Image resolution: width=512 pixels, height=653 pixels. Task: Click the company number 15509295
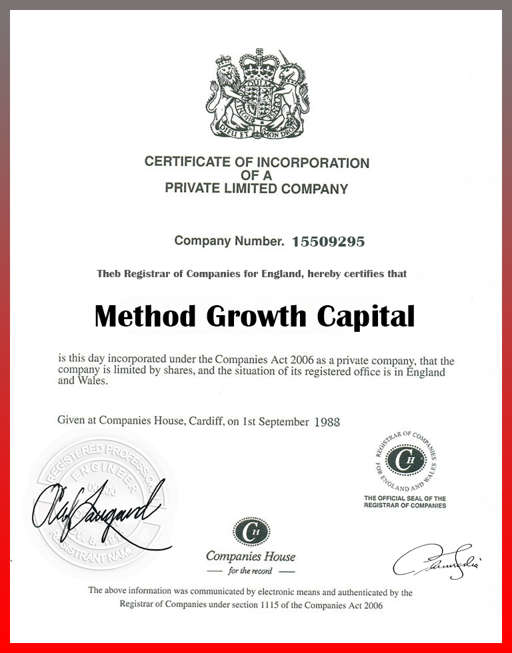329,242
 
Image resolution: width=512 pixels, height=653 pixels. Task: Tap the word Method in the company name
145,315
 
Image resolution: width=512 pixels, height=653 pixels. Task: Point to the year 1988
326,422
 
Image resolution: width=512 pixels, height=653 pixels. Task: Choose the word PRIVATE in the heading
194,189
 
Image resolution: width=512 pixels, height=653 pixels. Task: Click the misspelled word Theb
110,274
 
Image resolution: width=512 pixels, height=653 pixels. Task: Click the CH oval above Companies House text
251,532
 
